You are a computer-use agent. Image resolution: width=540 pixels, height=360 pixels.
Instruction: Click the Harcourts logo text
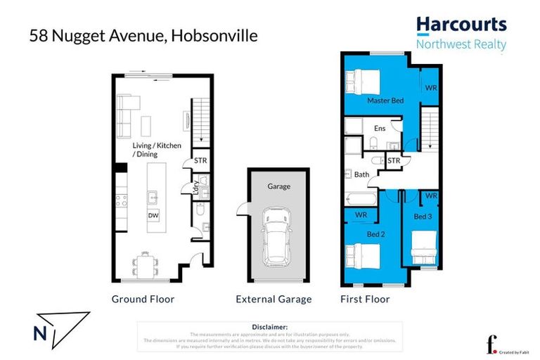point(461,25)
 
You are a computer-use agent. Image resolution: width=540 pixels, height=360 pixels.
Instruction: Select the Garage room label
point(278,186)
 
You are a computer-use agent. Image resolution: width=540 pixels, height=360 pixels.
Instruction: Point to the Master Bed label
point(385,101)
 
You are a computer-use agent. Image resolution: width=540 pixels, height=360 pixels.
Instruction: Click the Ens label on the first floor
point(380,129)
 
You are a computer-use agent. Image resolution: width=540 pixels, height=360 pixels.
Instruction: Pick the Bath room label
point(362,174)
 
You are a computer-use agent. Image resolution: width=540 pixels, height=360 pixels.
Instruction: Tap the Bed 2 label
point(375,234)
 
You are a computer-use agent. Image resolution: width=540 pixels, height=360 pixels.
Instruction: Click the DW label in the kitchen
point(153,215)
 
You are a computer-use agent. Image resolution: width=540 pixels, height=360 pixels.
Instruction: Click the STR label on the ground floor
point(200,161)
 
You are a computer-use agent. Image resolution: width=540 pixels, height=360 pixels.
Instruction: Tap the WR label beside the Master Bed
point(430,89)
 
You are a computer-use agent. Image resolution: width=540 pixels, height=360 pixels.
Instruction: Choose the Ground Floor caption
point(143,300)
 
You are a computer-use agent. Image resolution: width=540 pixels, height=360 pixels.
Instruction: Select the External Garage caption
point(274,300)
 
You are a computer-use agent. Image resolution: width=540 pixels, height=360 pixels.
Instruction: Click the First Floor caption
point(365,300)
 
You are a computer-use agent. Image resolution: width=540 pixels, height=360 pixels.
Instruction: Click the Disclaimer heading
point(269,327)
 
